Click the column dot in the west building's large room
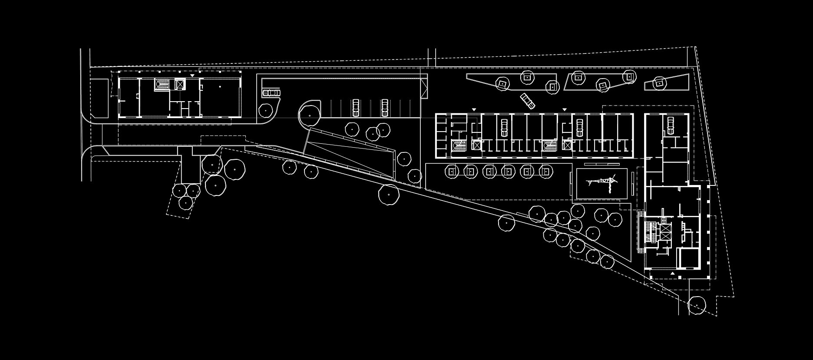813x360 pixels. (220, 87)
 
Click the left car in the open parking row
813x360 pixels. (356, 107)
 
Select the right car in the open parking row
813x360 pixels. (384, 107)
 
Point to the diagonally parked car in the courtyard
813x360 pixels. (527, 100)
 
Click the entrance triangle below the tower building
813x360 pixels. (672, 274)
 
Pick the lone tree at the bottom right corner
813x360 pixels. (696, 305)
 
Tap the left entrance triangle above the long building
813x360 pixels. (474, 109)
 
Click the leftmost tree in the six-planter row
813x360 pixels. (452, 172)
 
